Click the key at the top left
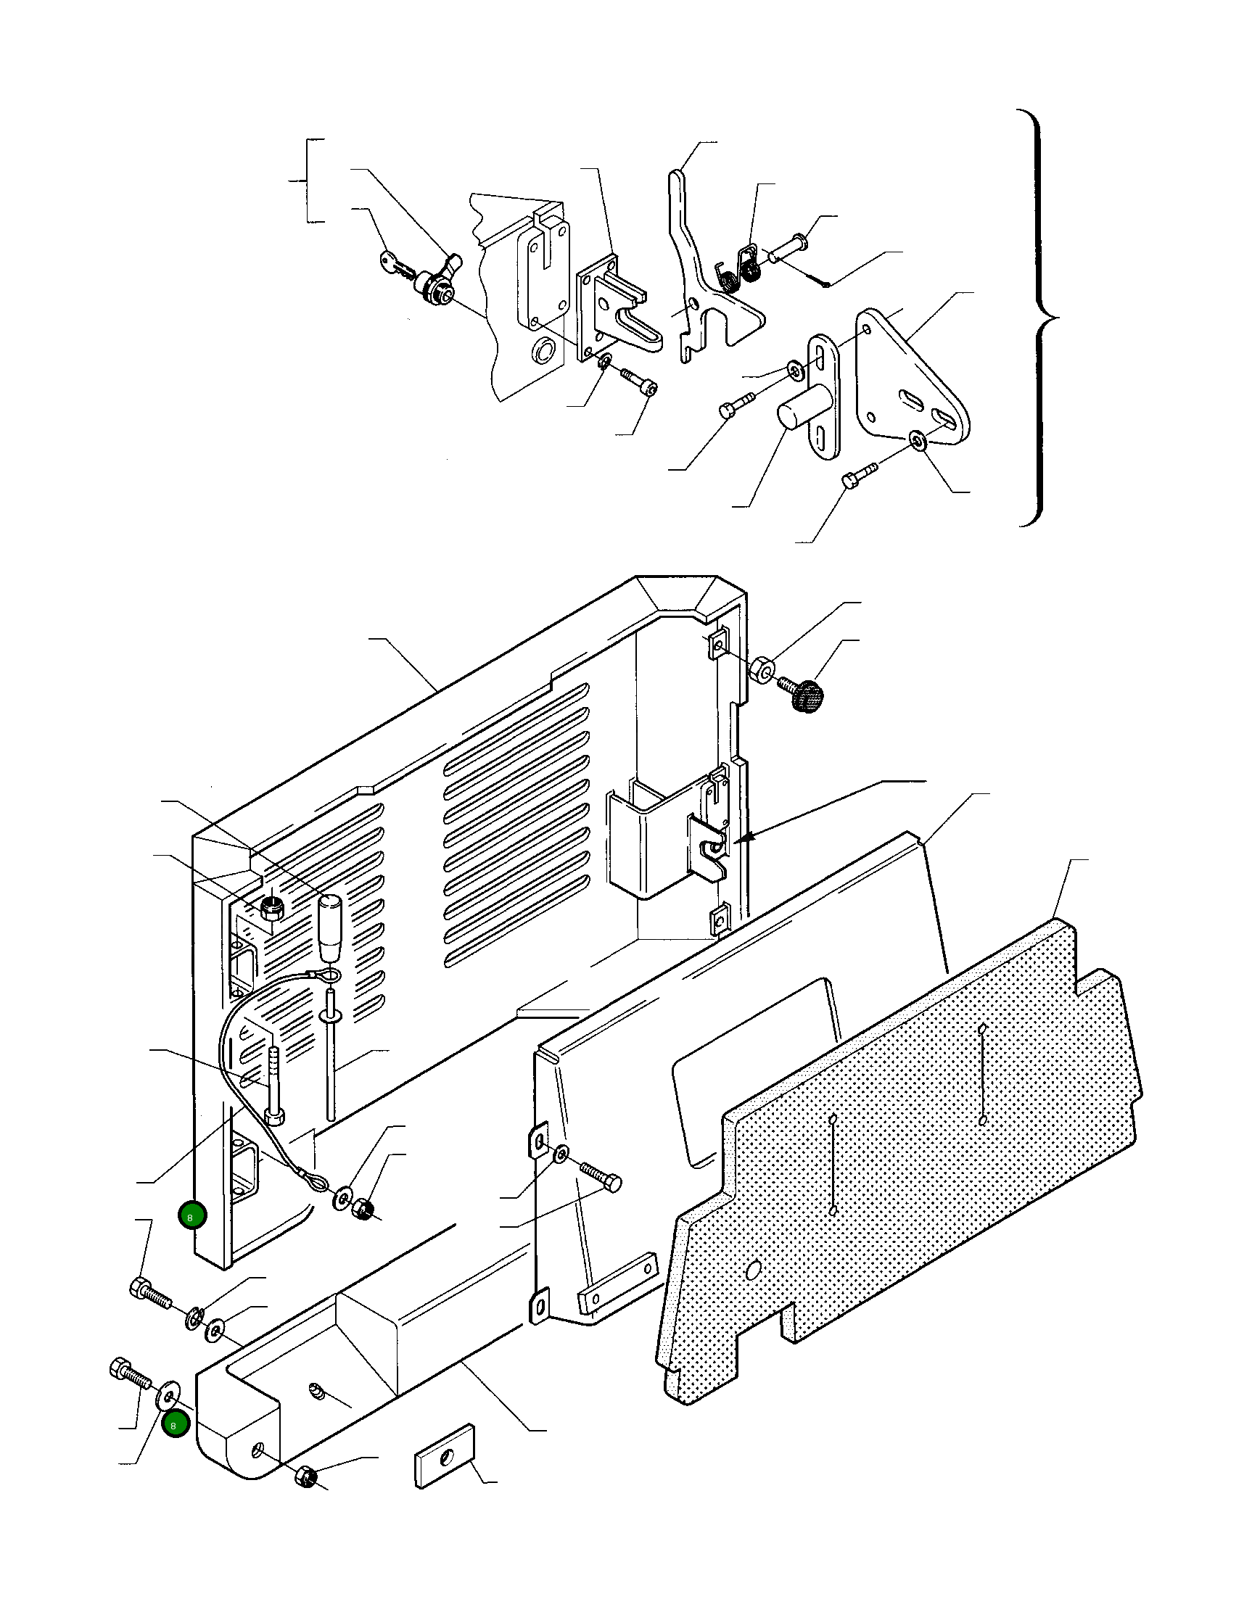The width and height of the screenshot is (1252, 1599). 397,266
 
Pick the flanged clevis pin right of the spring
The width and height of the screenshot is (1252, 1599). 788,245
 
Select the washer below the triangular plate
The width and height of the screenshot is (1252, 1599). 917,440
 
